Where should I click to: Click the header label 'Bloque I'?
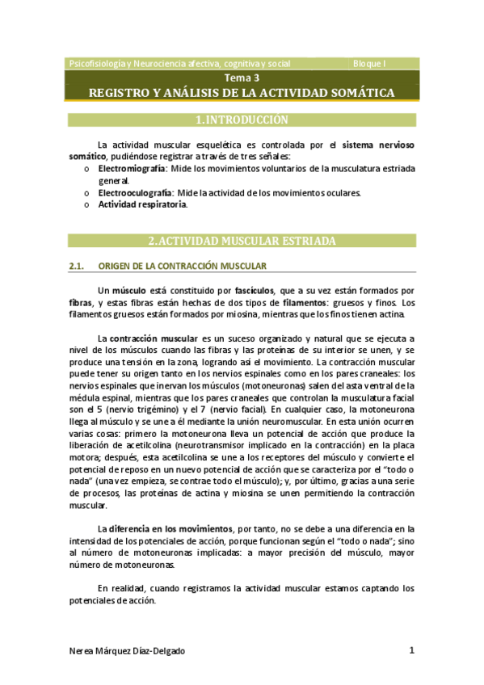click(x=370, y=63)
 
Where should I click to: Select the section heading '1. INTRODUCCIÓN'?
click(x=242, y=120)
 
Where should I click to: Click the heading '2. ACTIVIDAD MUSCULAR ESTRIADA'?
click(x=242, y=241)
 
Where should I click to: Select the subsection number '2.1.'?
click(x=78, y=266)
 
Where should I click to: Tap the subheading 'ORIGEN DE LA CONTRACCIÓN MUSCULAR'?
click(x=182, y=266)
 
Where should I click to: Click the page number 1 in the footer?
click(x=411, y=650)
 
